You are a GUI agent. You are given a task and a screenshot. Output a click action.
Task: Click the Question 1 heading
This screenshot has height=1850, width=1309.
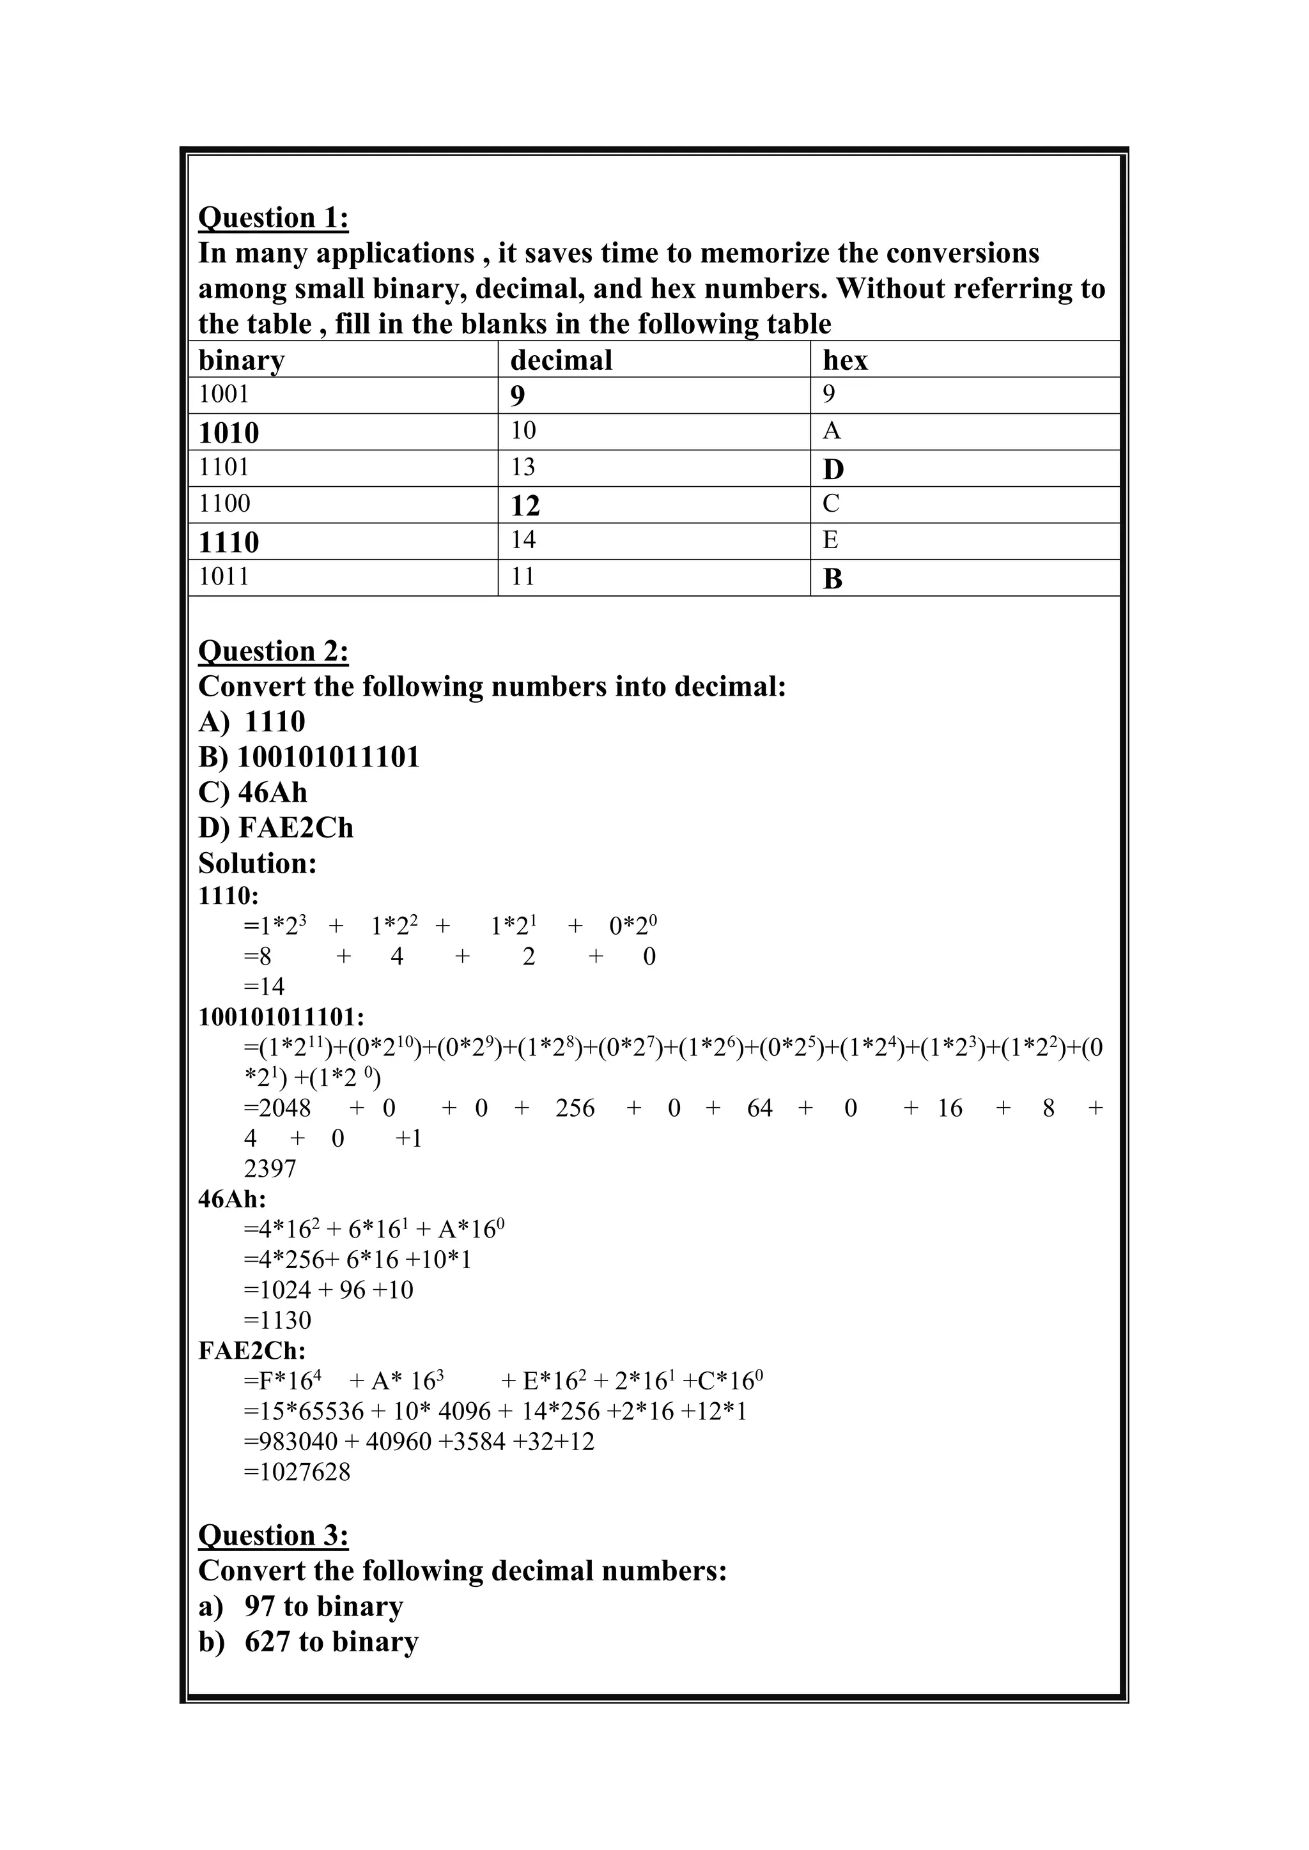pyautogui.click(x=274, y=218)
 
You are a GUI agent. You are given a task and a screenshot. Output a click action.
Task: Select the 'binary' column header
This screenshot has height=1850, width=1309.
pyautogui.click(x=242, y=360)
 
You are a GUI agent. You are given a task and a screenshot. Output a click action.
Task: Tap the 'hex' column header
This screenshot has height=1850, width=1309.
pyautogui.click(x=845, y=360)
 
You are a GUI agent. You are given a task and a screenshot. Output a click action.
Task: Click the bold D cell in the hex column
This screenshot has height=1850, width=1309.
pyautogui.click(x=833, y=469)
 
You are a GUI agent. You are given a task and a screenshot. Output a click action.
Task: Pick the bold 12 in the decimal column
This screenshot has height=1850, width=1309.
pyautogui.click(x=525, y=506)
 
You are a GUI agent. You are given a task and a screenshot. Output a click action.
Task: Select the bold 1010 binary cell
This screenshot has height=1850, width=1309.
pyautogui.click(x=229, y=432)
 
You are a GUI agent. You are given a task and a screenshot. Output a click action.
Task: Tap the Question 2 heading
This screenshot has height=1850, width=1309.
pyautogui.click(x=274, y=651)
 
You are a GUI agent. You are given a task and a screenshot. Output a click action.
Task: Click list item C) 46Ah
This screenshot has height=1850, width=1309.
pyautogui.click(x=253, y=793)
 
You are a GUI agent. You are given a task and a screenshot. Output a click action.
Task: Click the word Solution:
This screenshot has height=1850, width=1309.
pyautogui.click(x=257, y=864)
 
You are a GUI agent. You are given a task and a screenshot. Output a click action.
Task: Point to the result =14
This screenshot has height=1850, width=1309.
pyautogui.click(x=265, y=986)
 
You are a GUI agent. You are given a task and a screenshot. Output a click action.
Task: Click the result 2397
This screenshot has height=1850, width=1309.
pyautogui.click(x=270, y=1168)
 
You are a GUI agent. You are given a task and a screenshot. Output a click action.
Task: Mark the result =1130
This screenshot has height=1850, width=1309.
pyautogui.click(x=277, y=1320)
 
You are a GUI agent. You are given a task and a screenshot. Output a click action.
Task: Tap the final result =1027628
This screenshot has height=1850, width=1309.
pyautogui.click(x=297, y=1472)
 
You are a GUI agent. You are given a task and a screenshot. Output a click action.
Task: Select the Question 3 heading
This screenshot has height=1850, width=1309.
pyautogui.click(x=274, y=1536)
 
